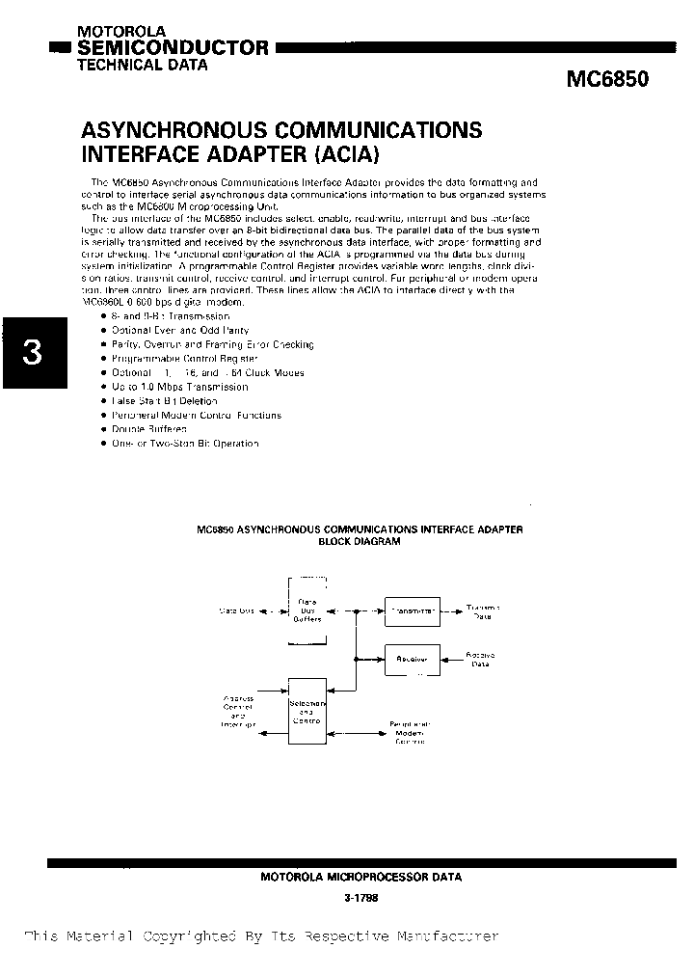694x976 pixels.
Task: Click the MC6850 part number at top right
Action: point(606,81)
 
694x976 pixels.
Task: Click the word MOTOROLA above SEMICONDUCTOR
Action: point(110,32)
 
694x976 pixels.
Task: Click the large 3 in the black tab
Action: point(31,354)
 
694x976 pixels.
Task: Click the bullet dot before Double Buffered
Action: point(103,429)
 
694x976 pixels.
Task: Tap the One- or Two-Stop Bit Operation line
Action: point(185,444)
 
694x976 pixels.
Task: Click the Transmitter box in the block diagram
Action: point(413,610)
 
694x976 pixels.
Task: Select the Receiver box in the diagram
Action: point(413,660)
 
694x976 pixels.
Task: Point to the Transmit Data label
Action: point(483,610)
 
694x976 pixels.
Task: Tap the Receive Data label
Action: point(481,660)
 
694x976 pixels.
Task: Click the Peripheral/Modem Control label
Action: point(410,732)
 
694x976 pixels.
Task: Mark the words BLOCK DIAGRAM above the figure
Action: point(359,542)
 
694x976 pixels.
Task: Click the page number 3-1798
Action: point(360,898)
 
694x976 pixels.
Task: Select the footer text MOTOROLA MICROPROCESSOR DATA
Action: point(360,878)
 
